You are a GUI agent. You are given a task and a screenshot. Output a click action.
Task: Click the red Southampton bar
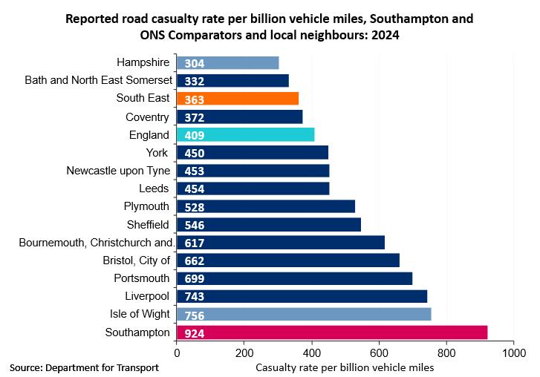(x=332, y=332)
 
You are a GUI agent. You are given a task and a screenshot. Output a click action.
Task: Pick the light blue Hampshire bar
(x=227, y=63)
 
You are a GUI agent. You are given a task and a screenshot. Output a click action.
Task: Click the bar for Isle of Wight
(x=304, y=315)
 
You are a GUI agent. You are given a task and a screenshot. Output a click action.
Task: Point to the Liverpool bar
(x=302, y=297)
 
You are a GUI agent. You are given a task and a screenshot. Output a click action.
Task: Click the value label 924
(x=195, y=333)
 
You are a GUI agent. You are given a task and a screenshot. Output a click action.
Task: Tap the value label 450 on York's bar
(x=195, y=154)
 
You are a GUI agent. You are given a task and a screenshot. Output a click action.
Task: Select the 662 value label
(x=195, y=261)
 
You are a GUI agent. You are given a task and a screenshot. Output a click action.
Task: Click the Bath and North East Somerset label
(x=99, y=80)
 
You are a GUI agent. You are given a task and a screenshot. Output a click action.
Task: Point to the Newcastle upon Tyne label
(x=119, y=171)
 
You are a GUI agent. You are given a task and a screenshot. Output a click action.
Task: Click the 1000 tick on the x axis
(x=514, y=354)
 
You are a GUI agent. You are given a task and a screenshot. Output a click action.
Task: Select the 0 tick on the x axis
(x=177, y=354)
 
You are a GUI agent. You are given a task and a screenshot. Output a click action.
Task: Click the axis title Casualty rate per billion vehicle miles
(x=345, y=367)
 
